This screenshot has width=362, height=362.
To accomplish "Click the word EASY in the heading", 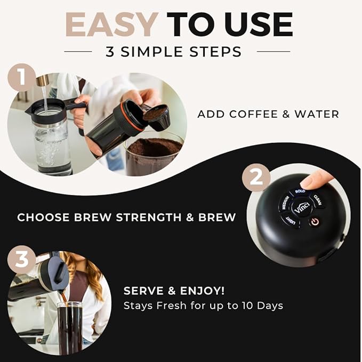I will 112,25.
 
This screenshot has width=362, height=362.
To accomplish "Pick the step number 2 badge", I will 256,178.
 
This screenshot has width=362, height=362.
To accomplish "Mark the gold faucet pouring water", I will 43,81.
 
